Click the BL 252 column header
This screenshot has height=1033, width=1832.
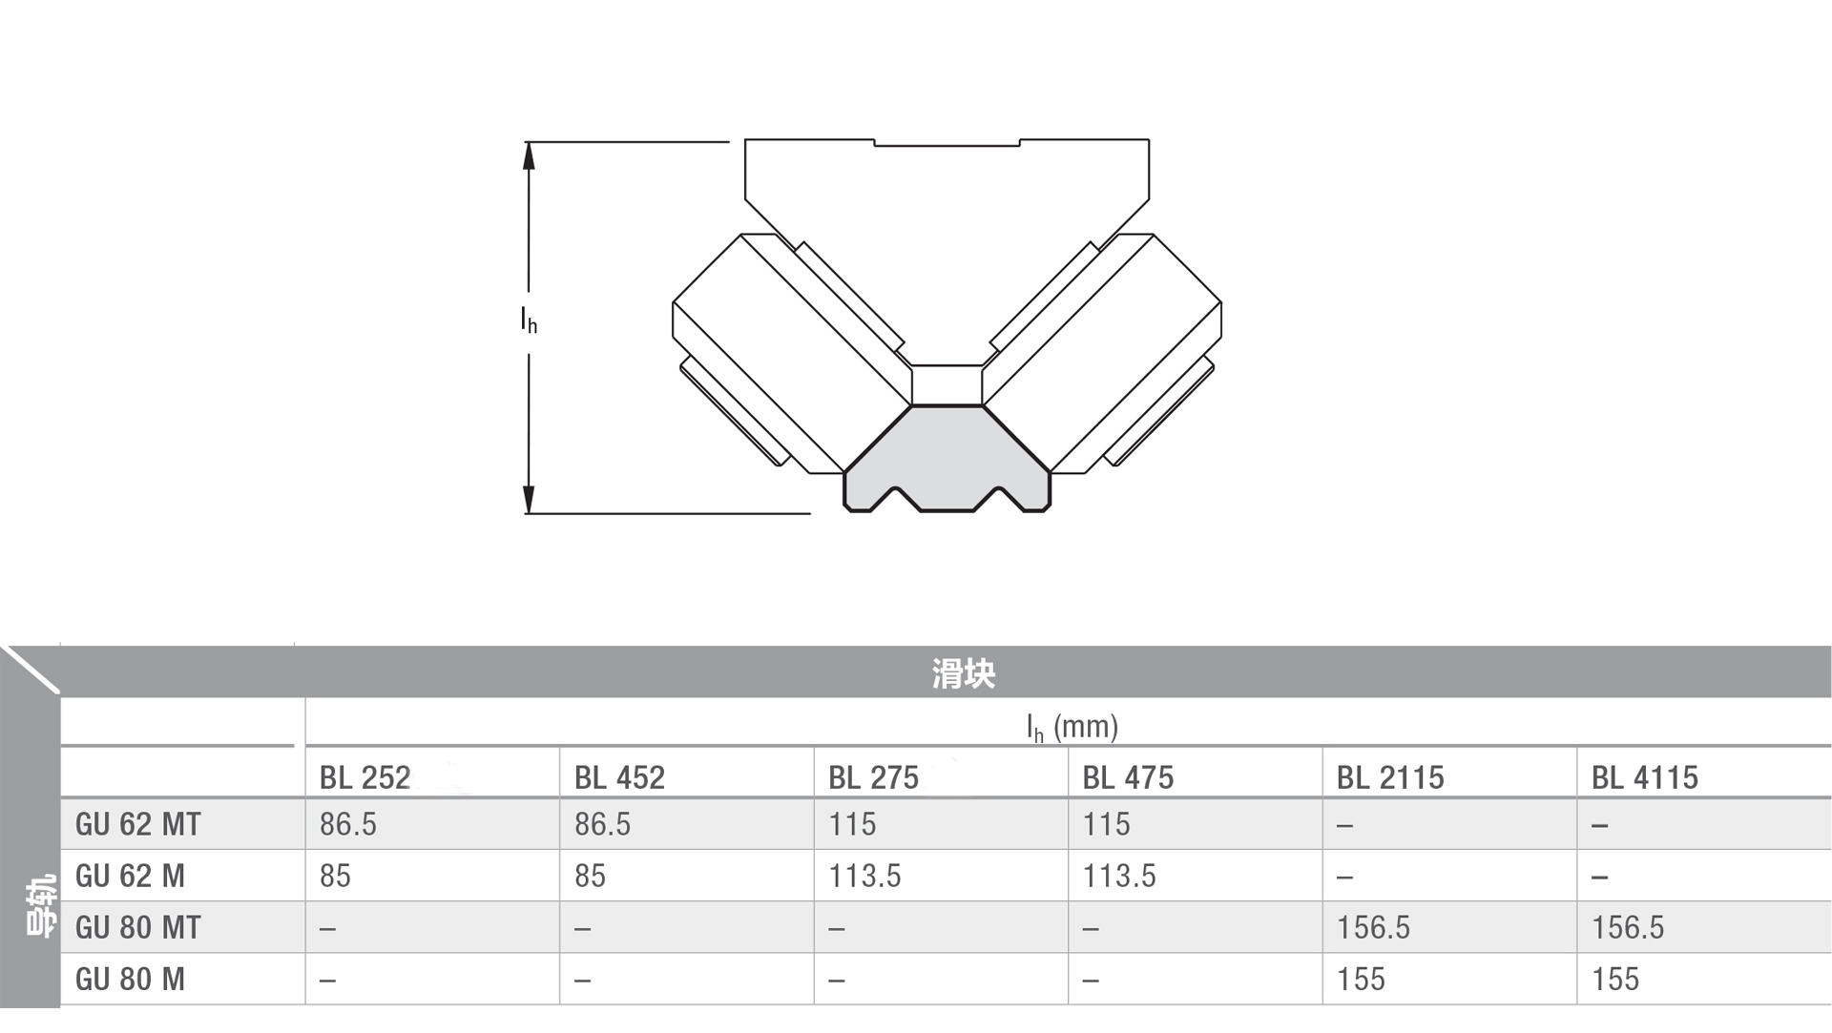[x=364, y=777]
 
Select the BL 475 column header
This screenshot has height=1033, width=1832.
[x=1128, y=777]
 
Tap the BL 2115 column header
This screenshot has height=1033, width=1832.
[x=1390, y=777]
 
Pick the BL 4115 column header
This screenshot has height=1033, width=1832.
[x=1645, y=777]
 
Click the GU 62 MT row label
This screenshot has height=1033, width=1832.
[x=138, y=824]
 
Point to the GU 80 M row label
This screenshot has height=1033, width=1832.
[x=130, y=979]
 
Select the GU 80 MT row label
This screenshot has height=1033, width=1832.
[x=138, y=927]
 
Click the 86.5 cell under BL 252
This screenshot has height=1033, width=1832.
[x=348, y=824]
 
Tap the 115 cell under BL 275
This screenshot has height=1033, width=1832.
[x=852, y=824]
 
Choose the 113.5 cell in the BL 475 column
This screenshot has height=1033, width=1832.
[x=1119, y=876]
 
